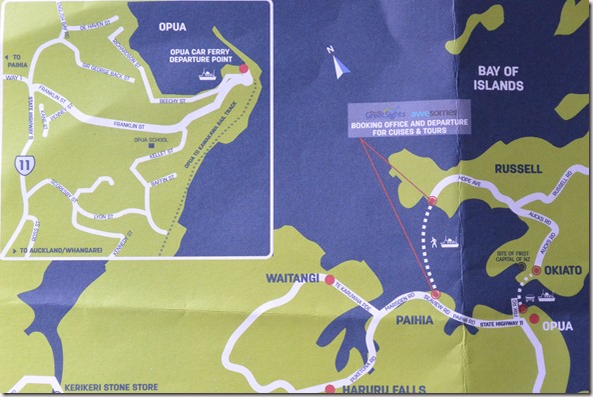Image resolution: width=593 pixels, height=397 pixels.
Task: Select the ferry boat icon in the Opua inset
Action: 206,73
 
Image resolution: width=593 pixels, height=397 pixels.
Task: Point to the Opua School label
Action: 149,141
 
